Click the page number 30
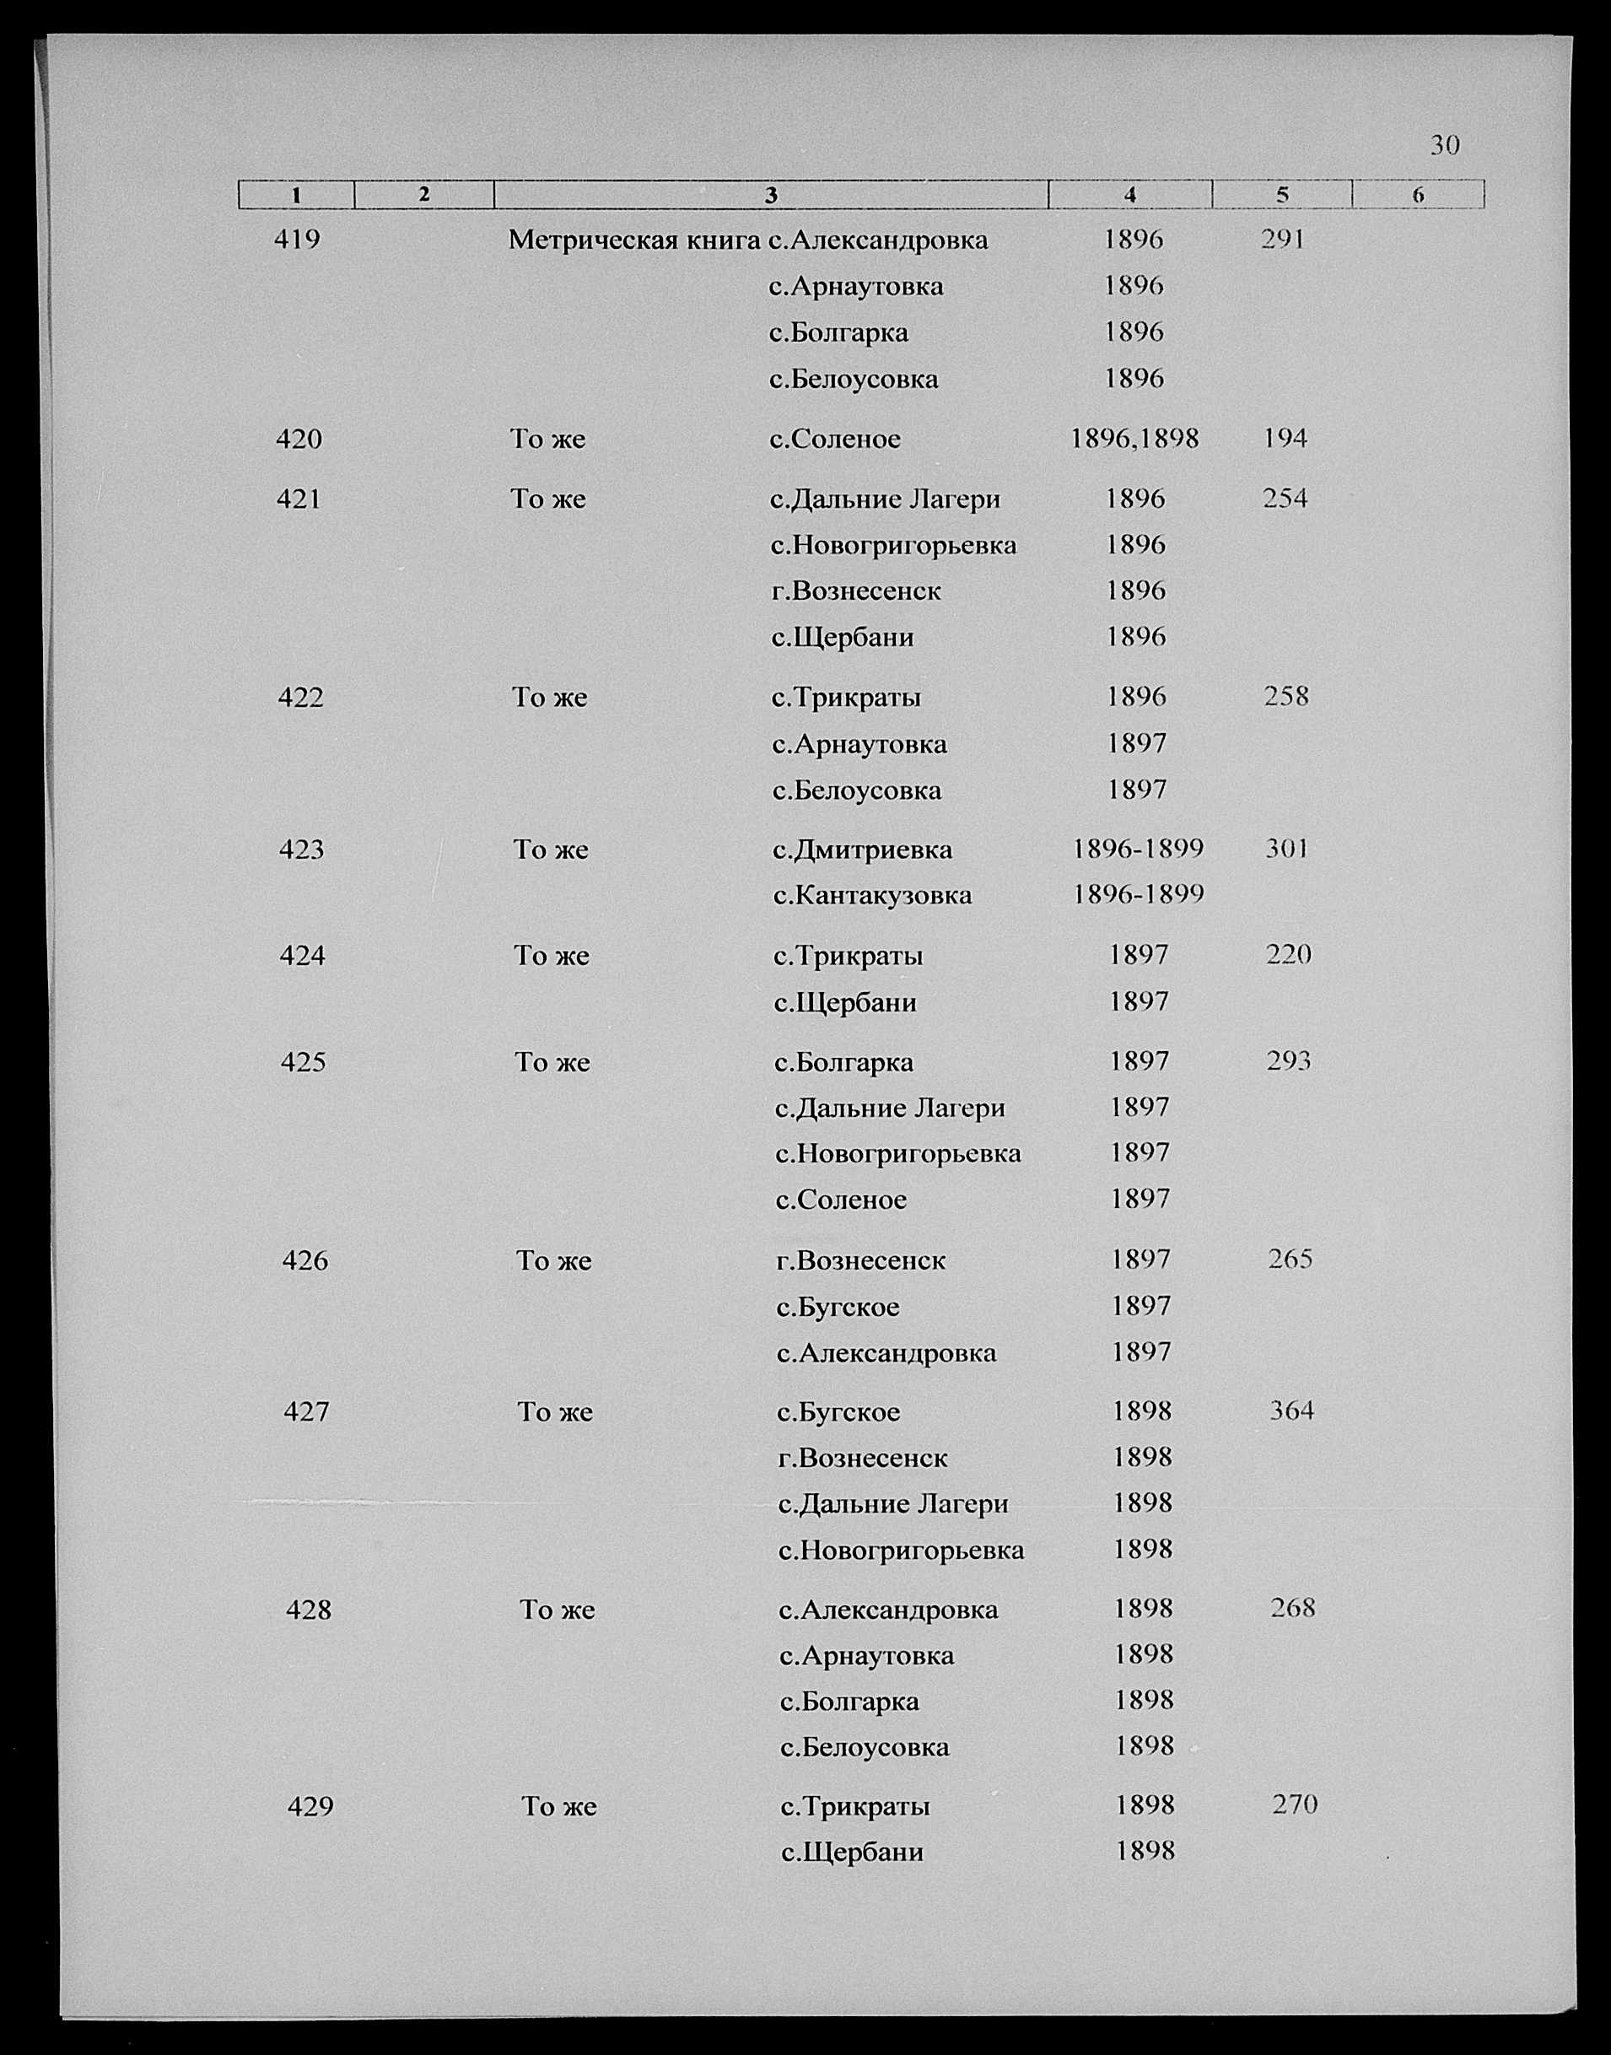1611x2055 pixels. [x=1445, y=145]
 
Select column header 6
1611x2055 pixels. [x=1418, y=195]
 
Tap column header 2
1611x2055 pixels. [x=423, y=194]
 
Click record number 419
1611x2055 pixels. [x=297, y=240]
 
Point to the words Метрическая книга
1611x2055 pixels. [x=633, y=240]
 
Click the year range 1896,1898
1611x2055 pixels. [x=1134, y=439]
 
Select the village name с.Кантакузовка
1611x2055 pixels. [x=872, y=895]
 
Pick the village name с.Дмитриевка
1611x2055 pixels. [x=862, y=850]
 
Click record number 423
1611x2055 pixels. [x=302, y=850]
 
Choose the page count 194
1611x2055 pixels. [x=1285, y=439]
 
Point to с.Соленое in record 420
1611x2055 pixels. [x=835, y=440]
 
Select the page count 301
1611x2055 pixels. [x=1286, y=849]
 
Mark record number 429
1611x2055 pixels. [x=310, y=1806]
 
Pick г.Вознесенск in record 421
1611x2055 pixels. [x=855, y=591]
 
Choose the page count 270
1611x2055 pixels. [x=1295, y=1804]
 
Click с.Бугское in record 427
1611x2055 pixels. [x=838, y=1412]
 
